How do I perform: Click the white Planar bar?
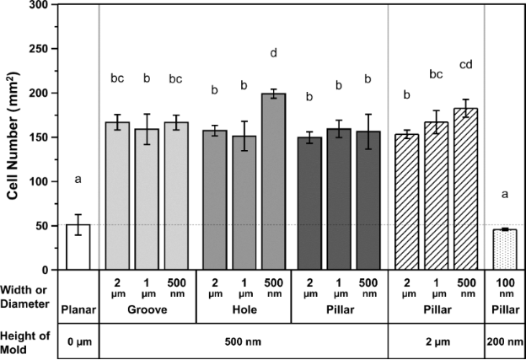(x=78, y=246)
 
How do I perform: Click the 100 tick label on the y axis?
(x=37, y=181)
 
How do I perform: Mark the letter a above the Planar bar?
(x=78, y=179)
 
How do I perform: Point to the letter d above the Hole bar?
(x=274, y=55)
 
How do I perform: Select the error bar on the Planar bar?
(x=78, y=224)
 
